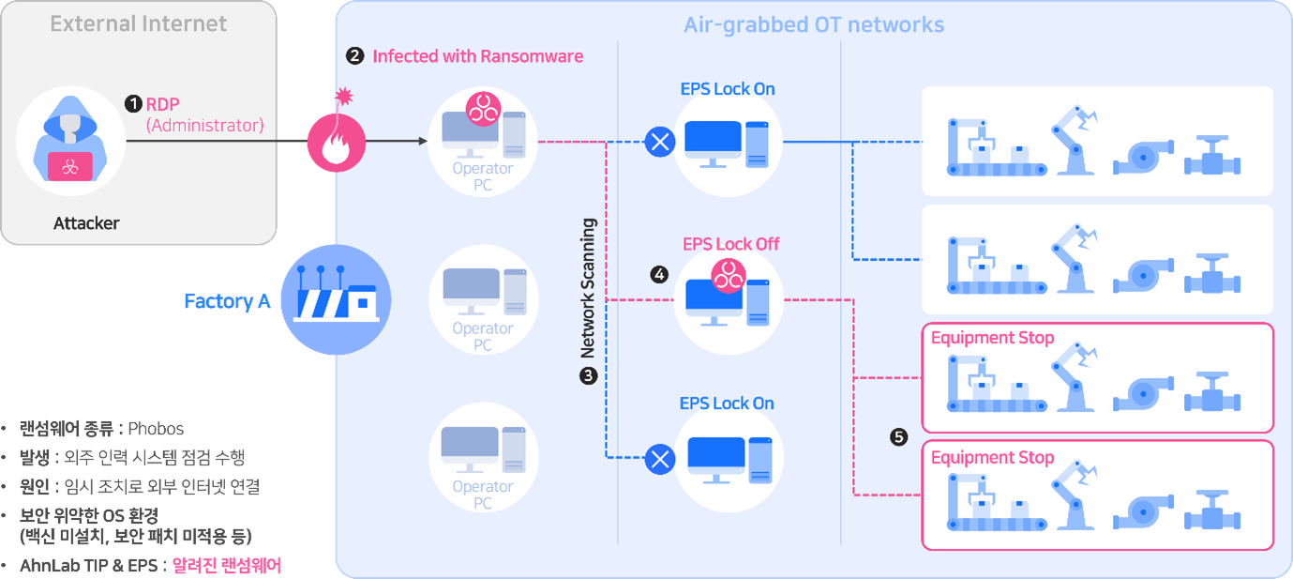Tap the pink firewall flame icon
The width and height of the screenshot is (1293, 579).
pyautogui.click(x=336, y=144)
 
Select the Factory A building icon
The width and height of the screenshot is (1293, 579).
pyautogui.click(x=335, y=299)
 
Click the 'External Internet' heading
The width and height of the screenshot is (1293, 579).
pyautogui.click(x=139, y=24)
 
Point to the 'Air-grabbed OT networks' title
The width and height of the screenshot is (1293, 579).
pyautogui.click(x=813, y=24)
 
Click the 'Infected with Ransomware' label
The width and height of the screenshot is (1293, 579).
pyautogui.click(x=477, y=56)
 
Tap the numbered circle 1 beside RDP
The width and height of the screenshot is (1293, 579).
pyautogui.click(x=133, y=104)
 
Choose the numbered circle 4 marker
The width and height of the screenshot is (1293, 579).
pyautogui.click(x=660, y=274)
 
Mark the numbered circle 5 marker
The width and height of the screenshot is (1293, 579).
pyautogui.click(x=898, y=436)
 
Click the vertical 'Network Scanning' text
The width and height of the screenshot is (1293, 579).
pyautogui.click(x=589, y=289)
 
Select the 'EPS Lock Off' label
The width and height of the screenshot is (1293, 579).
pyautogui.click(x=730, y=244)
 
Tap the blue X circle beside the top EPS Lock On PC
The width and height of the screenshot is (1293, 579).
pyautogui.click(x=660, y=143)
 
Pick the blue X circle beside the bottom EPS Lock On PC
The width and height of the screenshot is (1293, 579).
pyautogui.click(x=660, y=459)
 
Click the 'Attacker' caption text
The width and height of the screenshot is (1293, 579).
pyautogui.click(x=86, y=224)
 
